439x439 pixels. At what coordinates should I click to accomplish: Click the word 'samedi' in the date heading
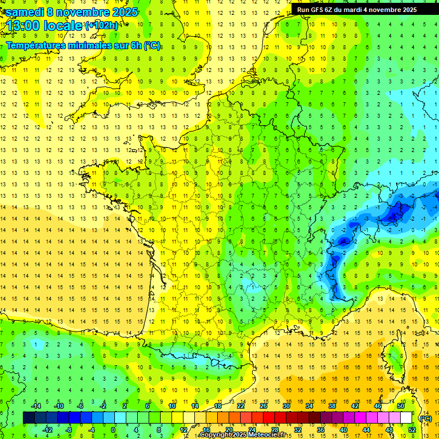[25, 12]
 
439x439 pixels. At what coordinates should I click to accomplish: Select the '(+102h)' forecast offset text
[102, 26]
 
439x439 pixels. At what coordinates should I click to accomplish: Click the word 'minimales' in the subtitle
[80, 46]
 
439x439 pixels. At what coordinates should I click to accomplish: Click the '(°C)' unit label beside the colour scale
[426, 418]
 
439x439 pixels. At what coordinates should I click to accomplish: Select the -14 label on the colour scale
[35, 406]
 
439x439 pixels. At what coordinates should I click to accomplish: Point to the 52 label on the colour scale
[412, 430]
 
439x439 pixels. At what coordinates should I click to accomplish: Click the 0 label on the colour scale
[113, 430]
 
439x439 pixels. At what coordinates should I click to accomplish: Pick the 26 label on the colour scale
[264, 406]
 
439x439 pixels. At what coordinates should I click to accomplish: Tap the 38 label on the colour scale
[332, 406]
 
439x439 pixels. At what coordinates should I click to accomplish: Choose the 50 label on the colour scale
[400, 406]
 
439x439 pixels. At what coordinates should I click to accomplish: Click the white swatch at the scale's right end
[406, 418]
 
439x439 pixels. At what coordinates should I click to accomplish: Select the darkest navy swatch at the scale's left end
[29, 418]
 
